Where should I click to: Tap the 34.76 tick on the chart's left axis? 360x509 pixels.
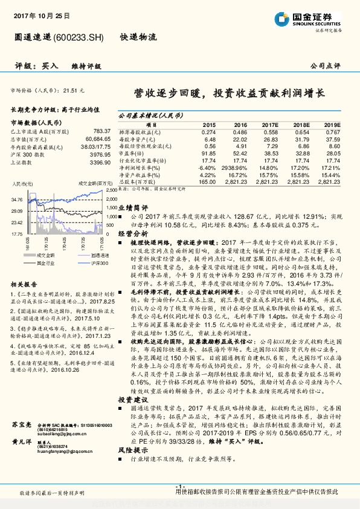(16, 199)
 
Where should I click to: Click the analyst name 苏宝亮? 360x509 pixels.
(21, 426)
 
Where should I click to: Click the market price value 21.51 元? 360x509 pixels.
(71, 89)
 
